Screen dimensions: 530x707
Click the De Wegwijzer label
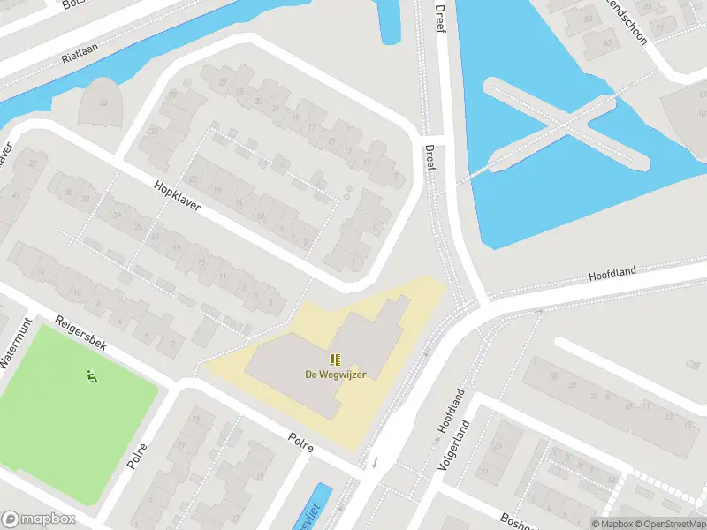[x=335, y=374]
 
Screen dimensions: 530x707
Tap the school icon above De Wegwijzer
[x=335, y=359]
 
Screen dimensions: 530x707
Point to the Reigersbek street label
[x=80, y=333]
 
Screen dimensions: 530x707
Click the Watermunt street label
[x=15, y=344]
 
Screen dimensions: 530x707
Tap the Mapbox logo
[x=38, y=519]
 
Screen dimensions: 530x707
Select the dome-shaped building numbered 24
[x=102, y=102]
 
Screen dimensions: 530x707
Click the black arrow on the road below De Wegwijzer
[x=375, y=461]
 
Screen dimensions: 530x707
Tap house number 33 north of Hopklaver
[x=154, y=132]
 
